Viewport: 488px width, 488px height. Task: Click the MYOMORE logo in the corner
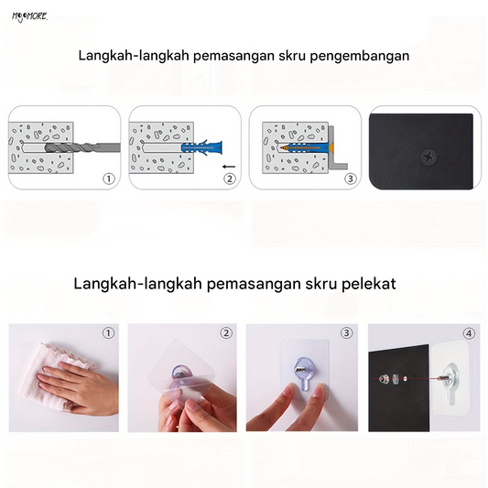[29, 16]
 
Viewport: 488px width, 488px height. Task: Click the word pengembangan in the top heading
[360, 57]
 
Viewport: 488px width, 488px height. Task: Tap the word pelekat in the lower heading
[368, 284]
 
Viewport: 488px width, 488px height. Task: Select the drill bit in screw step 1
[82, 147]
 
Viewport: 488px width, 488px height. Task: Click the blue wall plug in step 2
[202, 147]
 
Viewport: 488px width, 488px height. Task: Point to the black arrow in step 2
[229, 167]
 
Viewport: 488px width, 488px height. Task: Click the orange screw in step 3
[308, 146]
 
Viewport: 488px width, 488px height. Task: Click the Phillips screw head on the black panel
[429, 157]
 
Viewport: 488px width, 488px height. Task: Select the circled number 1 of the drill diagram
[109, 179]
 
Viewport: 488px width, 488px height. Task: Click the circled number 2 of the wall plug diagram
[230, 179]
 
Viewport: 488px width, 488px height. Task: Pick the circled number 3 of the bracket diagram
[351, 179]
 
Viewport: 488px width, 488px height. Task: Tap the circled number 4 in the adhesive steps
[469, 333]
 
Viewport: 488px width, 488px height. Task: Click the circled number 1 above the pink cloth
[108, 333]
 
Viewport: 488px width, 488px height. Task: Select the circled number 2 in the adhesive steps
[226, 333]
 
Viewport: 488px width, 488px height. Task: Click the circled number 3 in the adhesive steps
[346, 333]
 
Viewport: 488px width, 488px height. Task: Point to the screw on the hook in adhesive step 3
[300, 370]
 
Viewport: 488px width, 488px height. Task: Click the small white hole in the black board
[406, 379]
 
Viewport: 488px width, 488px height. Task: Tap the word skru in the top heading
[292, 56]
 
